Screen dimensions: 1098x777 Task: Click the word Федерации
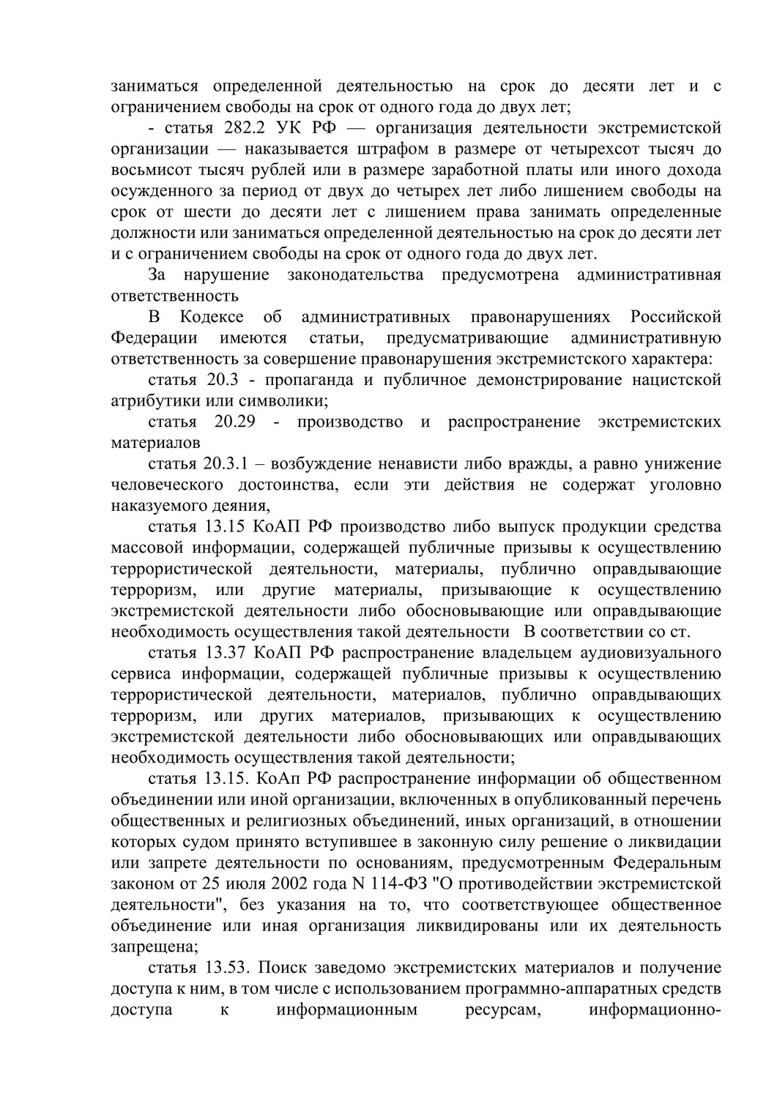(x=155, y=338)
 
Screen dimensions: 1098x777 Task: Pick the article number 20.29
(x=234, y=422)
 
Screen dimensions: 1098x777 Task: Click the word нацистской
(x=674, y=380)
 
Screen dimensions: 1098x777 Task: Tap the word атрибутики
(x=153, y=401)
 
